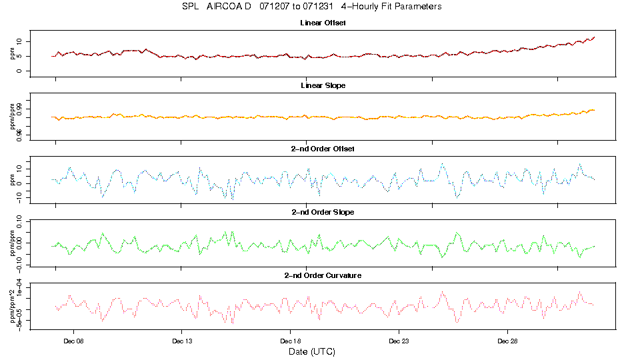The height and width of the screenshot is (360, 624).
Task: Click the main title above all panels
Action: tap(312, 7)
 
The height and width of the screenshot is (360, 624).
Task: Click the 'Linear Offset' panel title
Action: tap(323, 23)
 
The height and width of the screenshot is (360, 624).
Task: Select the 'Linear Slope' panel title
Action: tap(323, 86)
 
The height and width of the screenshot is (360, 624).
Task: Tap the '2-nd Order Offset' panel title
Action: tap(323, 149)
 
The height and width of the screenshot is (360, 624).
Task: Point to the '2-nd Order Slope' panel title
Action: tap(323, 212)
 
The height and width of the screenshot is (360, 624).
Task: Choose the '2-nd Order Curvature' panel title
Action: tap(323, 275)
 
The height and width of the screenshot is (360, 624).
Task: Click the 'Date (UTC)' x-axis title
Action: tap(311, 351)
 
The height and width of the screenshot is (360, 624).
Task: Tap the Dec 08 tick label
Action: tap(73, 340)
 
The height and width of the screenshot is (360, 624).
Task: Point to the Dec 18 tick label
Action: tap(290, 340)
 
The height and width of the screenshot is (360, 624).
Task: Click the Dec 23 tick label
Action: tap(399, 340)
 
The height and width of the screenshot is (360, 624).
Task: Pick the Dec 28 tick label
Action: tap(507, 340)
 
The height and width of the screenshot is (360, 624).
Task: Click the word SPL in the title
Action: tap(191, 7)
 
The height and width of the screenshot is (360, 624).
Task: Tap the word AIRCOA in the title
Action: tap(227, 7)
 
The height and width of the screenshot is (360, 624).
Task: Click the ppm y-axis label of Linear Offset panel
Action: tap(12, 53)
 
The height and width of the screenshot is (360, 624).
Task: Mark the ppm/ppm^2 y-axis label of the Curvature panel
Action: tap(12, 304)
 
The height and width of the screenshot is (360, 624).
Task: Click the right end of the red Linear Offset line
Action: tap(594, 37)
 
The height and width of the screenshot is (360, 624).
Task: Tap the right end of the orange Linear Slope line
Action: tap(594, 109)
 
